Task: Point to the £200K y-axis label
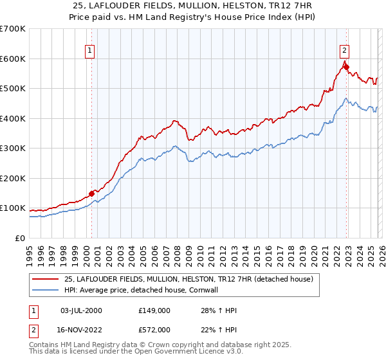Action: pyautogui.click(x=13, y=178)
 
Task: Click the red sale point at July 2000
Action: pyautogui.click(x=91, y=193)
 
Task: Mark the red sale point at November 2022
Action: pyautogui.click(x=345, y=66)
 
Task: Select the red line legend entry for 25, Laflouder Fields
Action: pyautogui.click(x=188, y=279)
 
